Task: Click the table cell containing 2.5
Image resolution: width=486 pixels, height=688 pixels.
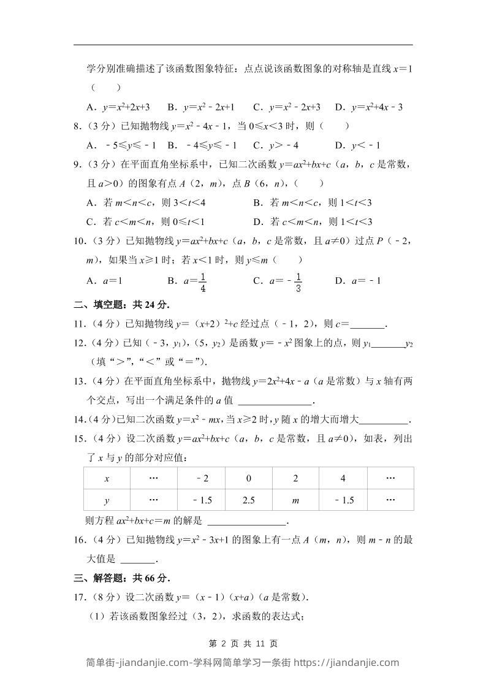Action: click(x=249, y=500)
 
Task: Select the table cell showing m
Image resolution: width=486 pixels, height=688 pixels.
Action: click(x=295, y=500)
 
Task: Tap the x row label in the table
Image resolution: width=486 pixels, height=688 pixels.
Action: click(x=107, y=478)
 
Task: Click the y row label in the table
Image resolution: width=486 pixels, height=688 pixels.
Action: click(x=107, y=500)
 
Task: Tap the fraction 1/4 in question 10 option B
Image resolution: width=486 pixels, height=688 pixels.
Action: click(x=202, y=281)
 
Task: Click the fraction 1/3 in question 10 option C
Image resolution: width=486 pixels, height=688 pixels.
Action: click(x=298, y=281)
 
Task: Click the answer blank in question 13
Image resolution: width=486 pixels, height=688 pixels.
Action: click(x=275, y=401)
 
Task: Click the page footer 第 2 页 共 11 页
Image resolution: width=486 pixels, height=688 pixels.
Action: click(x=243, y=644)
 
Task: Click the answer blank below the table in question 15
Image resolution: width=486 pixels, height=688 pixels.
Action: click(x=247, y=522)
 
